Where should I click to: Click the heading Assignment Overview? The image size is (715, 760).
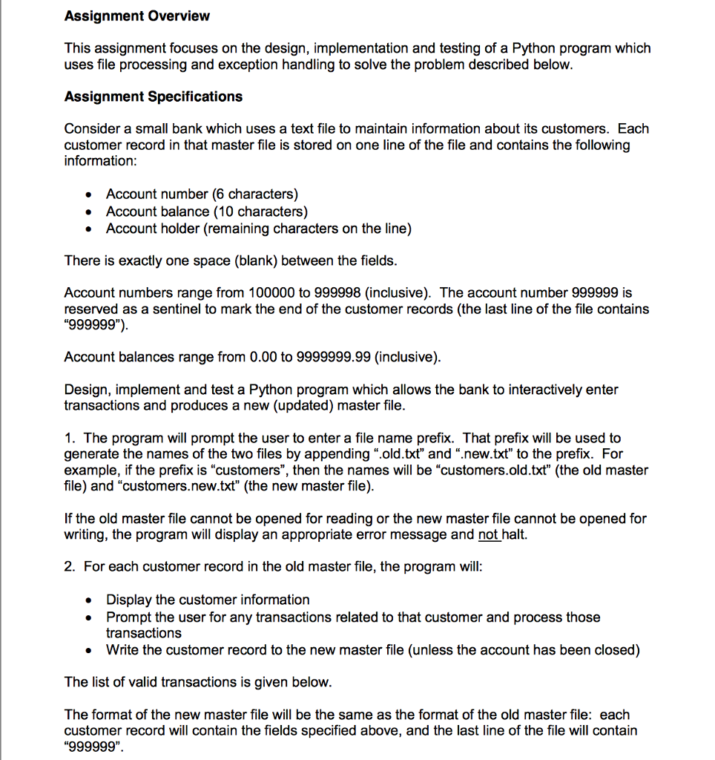point(137,16)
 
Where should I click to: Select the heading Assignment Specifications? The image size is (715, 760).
point(154,96)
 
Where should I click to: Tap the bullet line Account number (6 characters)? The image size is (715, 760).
point(202,194)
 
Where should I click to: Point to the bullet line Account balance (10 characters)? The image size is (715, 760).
point(206,212)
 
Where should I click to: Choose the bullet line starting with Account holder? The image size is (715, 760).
point(258,229)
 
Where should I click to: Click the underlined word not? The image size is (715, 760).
point(489,535)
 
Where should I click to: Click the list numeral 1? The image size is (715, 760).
point(69,438)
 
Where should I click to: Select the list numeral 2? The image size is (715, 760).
point(69,567)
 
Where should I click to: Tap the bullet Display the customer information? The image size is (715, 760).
point(208,600)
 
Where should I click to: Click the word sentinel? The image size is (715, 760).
point(160,309)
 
